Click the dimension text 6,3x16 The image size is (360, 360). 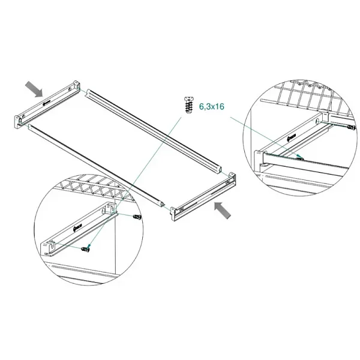[x=211, y=107]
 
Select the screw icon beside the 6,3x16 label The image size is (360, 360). [x=189, y=106]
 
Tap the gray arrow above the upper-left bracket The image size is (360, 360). [x=34, y=89]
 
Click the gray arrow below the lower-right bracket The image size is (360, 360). [x=223, y=210]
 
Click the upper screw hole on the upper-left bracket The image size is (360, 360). [x=69, y=89]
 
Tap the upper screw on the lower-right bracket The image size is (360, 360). [x=227, y=182]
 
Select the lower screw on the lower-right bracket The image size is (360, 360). [x=182, y=209]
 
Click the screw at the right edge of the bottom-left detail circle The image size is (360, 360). [x=137, y=217]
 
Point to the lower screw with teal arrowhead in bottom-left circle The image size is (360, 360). [x=86, y=248]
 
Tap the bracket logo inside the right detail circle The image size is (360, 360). [x=292, y=137]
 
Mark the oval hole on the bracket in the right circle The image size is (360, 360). [x=317, y=121]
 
